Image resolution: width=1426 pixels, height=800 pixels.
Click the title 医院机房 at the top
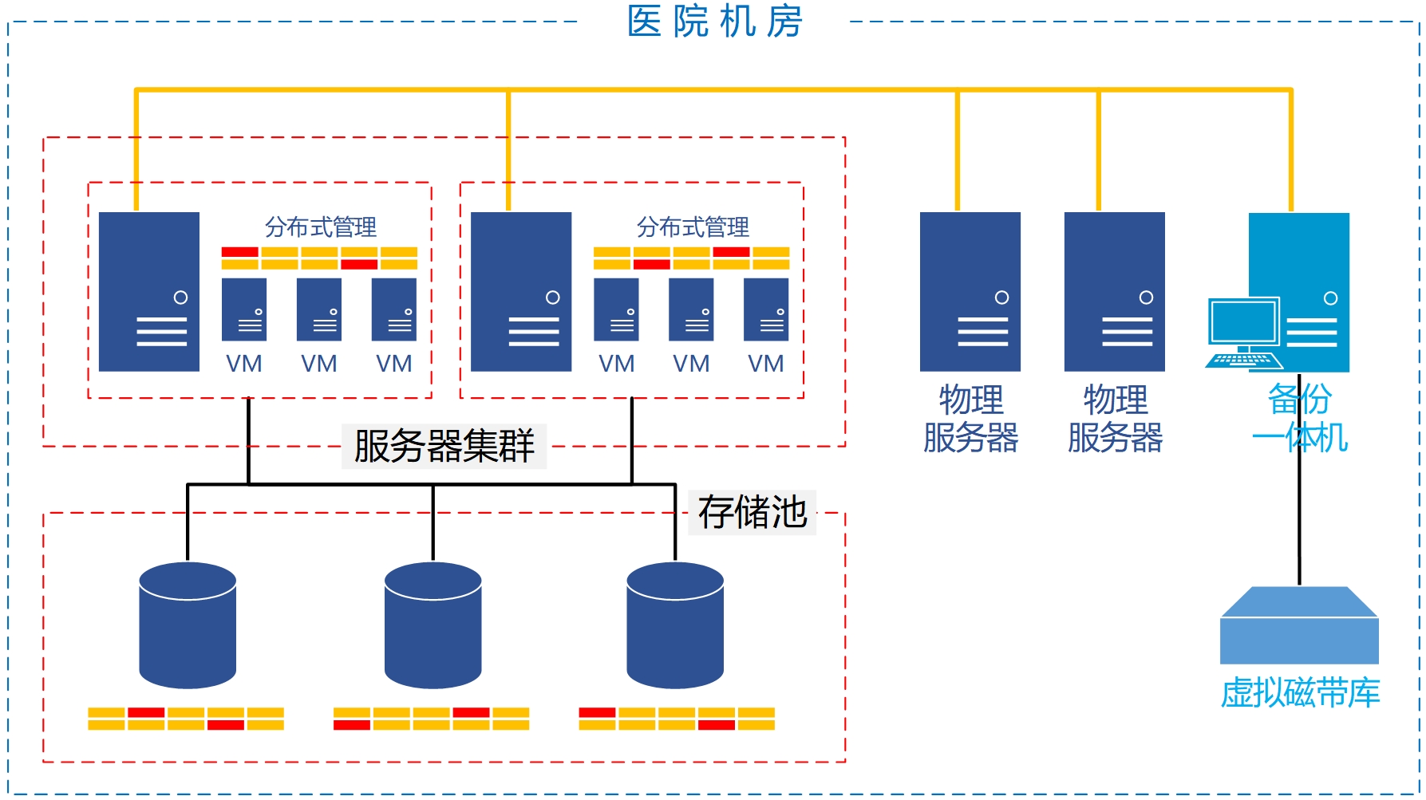714,22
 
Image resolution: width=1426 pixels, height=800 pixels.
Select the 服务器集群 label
444,446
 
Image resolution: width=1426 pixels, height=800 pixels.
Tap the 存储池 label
752,512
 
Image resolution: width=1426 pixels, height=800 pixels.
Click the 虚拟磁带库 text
1300,692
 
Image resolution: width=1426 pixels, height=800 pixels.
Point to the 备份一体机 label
1300,419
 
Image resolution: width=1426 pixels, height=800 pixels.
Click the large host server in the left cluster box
149,291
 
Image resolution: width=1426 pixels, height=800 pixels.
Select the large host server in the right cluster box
521,291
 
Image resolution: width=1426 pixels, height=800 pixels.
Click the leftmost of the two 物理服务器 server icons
970,291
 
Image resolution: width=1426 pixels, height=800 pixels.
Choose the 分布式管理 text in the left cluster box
321,227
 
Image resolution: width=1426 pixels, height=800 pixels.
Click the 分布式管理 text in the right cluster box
693,227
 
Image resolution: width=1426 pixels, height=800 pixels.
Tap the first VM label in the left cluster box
244,364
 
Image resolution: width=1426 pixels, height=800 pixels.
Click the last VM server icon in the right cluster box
766,309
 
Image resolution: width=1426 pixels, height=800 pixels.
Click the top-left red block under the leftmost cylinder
146,712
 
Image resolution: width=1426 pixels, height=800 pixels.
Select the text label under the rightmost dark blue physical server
1115,419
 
